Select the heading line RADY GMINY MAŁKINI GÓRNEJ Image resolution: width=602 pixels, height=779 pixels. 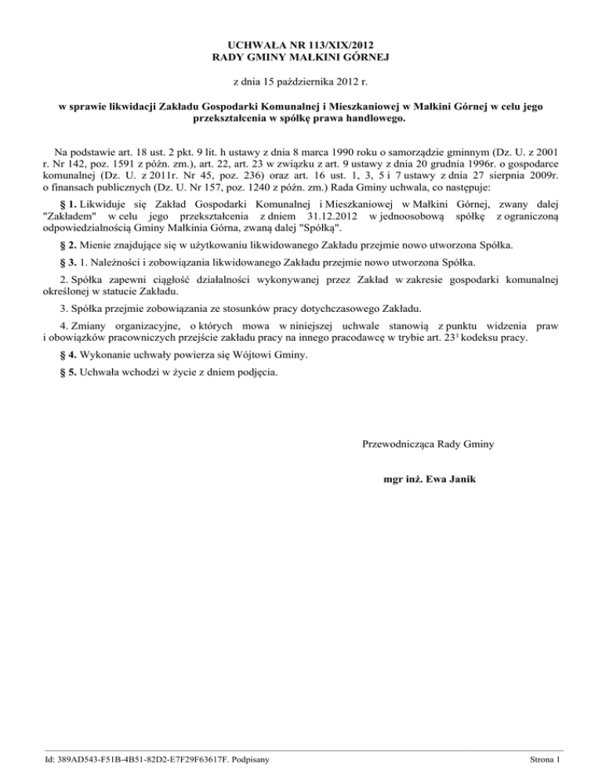coord(301,57)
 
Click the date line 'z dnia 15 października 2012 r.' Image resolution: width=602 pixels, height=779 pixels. coord(301,81)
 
